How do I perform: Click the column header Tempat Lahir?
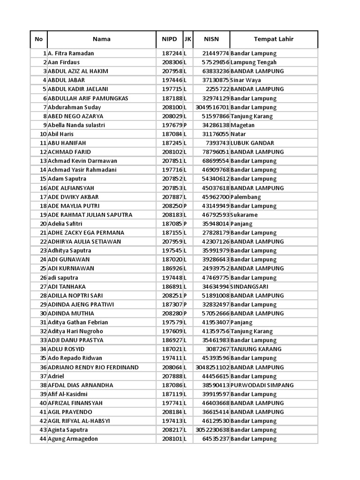[273, 39]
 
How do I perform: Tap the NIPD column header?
[169, 39]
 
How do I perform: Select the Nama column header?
[101, 39]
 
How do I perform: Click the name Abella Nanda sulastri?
[76, 125]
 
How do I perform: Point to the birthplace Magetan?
[243, 125]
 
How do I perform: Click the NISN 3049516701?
[212, 107]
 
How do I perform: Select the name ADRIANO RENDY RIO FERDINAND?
[93, 367]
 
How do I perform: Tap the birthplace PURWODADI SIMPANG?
[262, 385]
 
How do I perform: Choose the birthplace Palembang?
[246, 197]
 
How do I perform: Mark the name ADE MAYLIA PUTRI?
[74, 206]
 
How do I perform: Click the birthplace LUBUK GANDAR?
[253, 143]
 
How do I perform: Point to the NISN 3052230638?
[212, 430]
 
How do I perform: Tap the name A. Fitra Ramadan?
[71, 53]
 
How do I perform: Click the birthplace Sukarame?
[244, 215]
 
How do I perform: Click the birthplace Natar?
[238, 134]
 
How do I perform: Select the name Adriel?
[56, 376]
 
